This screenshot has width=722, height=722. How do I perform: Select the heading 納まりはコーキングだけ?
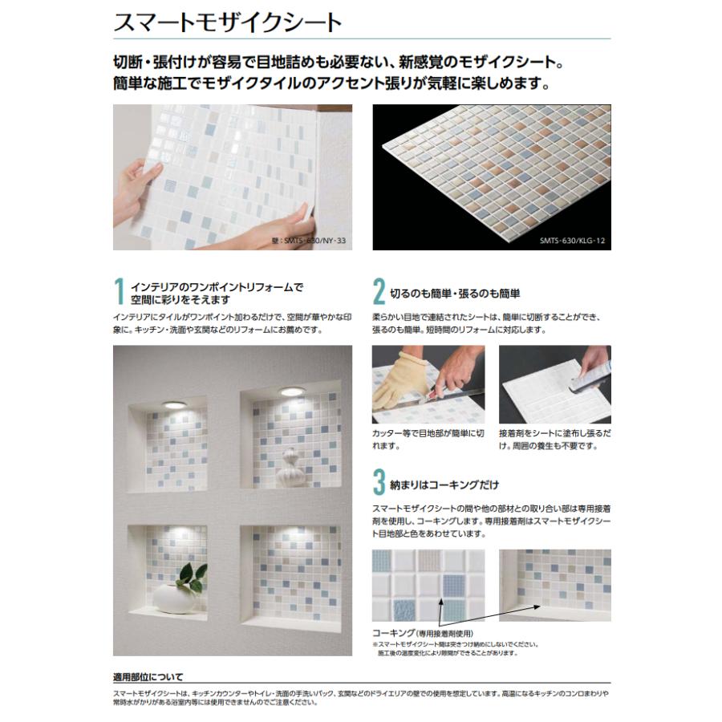tap(444, 485)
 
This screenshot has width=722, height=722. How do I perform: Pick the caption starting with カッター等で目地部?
tap(428, 439)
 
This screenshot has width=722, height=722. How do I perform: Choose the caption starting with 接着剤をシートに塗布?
tap(554, 439)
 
